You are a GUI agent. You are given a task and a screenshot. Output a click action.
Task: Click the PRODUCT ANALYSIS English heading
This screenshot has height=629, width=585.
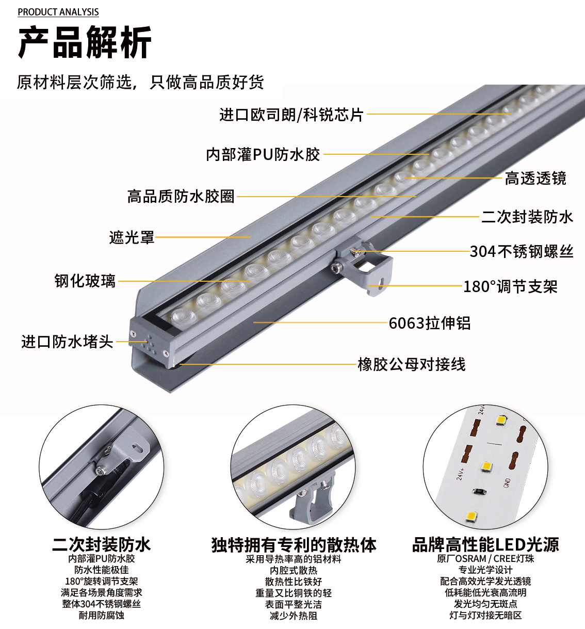58,12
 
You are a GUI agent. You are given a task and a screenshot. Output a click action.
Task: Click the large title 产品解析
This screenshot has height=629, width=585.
85,42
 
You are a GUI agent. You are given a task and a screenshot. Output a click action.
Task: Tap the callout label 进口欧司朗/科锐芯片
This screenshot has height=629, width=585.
291,115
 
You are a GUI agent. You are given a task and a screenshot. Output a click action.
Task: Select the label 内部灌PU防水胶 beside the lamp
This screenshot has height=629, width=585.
263,155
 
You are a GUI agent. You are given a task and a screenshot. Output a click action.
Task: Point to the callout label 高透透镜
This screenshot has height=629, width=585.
535,178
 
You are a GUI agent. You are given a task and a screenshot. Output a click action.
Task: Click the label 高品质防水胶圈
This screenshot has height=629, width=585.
181,197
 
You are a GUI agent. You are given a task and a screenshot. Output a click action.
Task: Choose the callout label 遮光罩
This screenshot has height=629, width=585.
132,237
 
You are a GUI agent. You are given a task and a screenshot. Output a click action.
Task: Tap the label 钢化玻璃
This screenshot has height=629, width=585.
85,281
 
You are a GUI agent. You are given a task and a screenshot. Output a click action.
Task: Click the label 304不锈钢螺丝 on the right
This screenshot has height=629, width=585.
522,252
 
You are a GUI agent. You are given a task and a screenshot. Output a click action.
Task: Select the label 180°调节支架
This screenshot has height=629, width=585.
510,286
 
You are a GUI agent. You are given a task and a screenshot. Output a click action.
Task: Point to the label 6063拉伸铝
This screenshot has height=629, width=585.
430,323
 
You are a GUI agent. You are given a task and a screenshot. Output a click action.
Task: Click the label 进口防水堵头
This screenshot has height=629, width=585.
67,342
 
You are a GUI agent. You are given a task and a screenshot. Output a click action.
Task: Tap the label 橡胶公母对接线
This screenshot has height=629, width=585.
412,364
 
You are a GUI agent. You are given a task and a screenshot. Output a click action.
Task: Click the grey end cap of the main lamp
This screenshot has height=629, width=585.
149,342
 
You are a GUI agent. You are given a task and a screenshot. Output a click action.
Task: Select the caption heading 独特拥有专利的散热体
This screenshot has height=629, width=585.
294,544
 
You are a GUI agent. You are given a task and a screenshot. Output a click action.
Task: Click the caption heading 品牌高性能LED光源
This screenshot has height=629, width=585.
485,544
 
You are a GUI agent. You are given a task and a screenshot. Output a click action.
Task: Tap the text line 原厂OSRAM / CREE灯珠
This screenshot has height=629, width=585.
485,558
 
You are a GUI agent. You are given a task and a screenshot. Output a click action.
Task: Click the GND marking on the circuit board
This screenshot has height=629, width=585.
507,483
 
